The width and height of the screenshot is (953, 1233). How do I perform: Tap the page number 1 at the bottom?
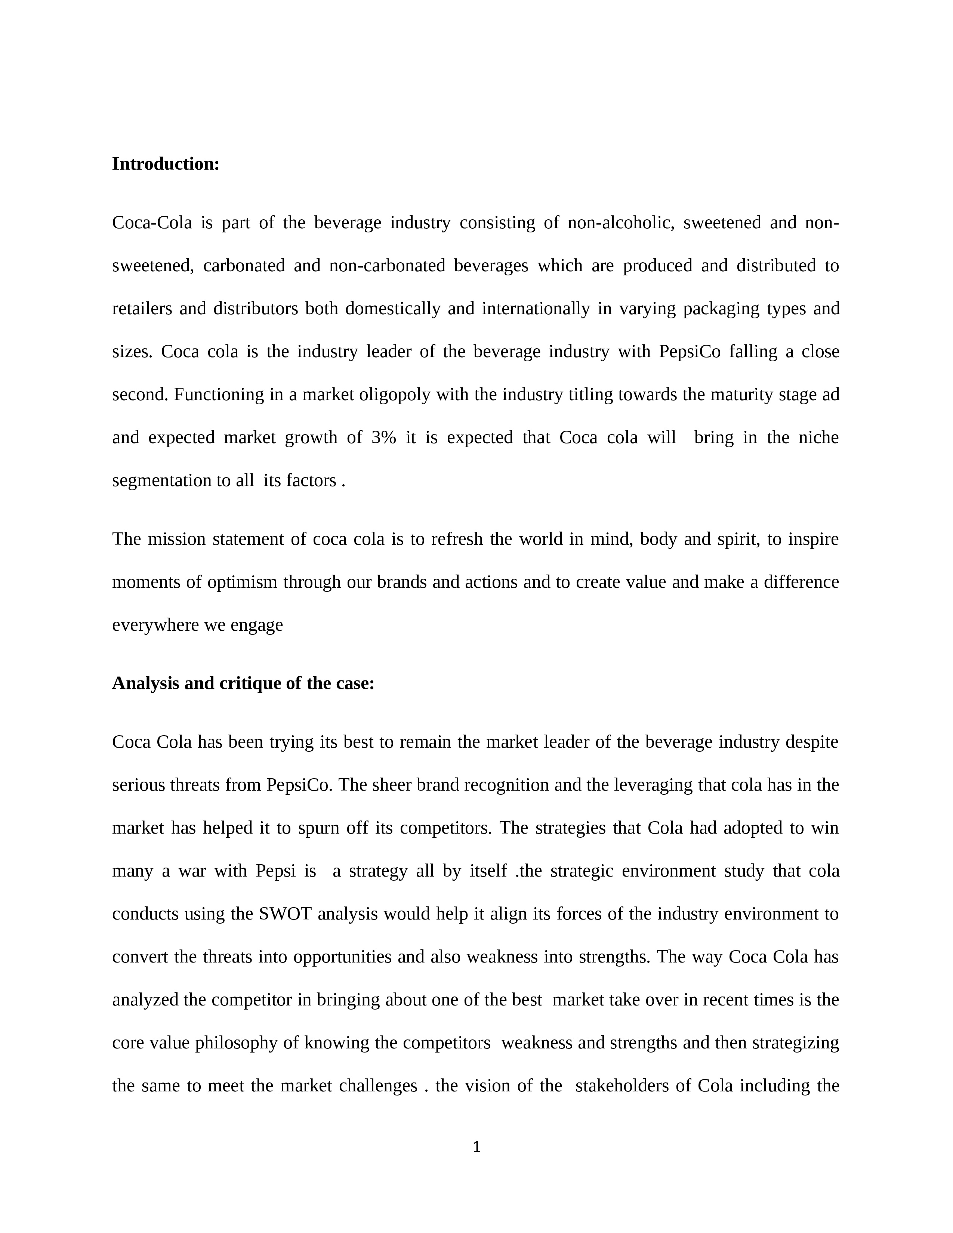click(x=476, y=1147)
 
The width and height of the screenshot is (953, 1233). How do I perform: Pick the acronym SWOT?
click(x=286, y=914)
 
